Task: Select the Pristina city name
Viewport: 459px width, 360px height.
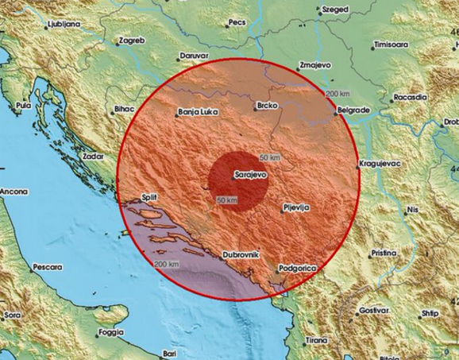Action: point(384,254)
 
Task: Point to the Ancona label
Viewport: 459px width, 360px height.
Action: point(13,192)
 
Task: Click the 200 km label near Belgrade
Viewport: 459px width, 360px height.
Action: point(337,95)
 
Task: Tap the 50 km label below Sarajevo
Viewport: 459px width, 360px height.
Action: point(226,199)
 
